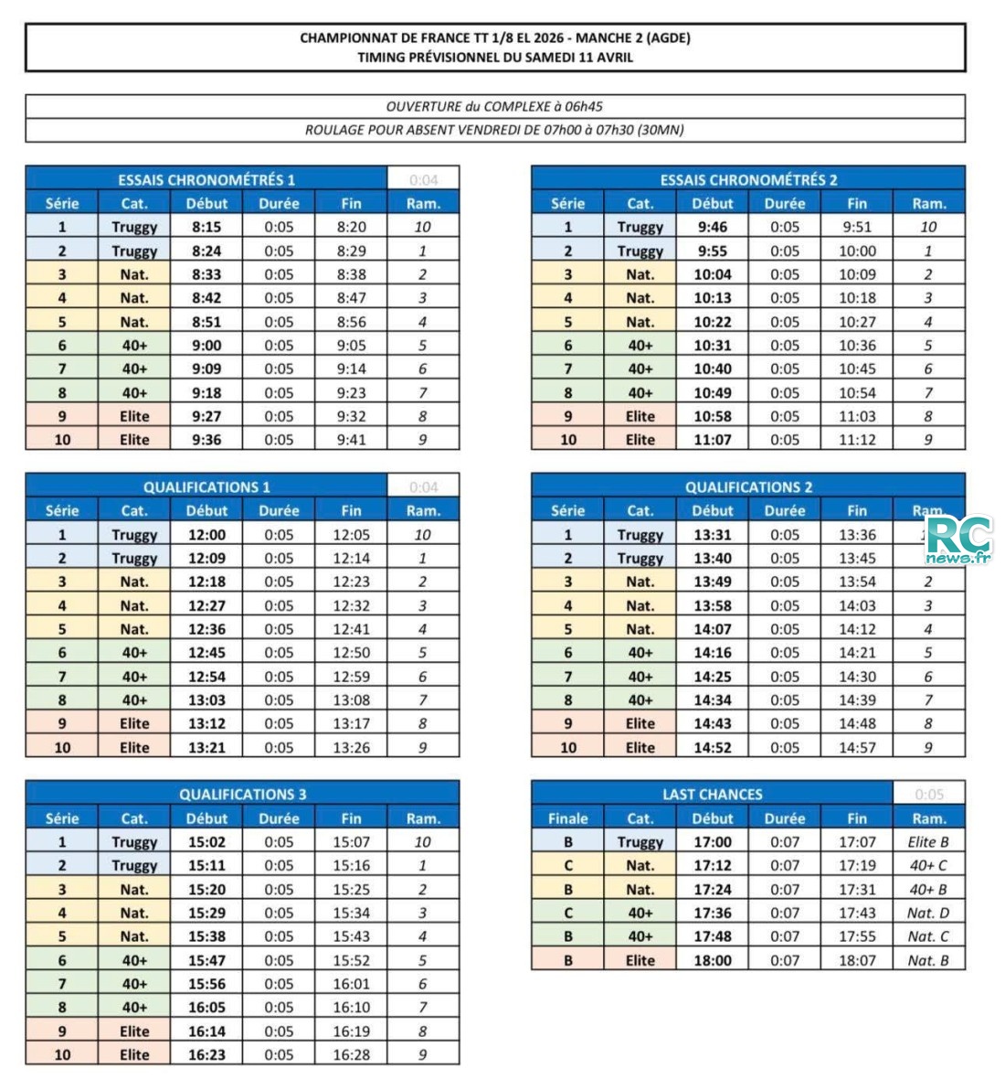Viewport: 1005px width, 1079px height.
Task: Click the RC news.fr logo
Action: click(x=958, y=540)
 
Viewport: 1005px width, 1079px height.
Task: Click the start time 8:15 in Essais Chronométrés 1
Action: click(x=206, y=227)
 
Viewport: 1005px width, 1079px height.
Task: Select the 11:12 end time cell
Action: click(x=856, y=439)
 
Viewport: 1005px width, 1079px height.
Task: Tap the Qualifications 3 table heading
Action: click(x=242, y=794)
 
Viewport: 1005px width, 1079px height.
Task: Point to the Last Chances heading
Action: click(x=712, y=794)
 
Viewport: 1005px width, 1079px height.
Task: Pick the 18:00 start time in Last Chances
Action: click(x=712, y=960)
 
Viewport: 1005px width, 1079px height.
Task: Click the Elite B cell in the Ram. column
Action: click(x=928, y=841)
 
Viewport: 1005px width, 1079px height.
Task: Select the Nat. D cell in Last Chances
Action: click(x=928, y=913)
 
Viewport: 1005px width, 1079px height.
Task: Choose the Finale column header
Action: click(x=567, y=818)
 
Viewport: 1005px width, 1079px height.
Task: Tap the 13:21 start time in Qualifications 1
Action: click(x=206, y=747)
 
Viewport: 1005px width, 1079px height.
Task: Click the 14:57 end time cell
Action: click(x=856, y=747)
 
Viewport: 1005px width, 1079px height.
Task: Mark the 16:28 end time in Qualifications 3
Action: click(x=351, y=1054)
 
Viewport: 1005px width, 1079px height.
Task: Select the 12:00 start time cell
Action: click(x=206, y=535)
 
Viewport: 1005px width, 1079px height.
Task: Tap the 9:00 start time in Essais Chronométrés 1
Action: click(x=206, y=345)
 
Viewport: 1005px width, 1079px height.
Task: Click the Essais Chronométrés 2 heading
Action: click(x=748, y=179)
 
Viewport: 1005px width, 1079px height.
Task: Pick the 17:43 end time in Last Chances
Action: click(x=856, y=913)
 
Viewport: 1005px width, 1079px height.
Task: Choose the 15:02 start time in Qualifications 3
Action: click(x=206, y=841)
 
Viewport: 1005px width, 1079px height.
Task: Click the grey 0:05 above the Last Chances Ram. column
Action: click(x=928, y=794)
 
